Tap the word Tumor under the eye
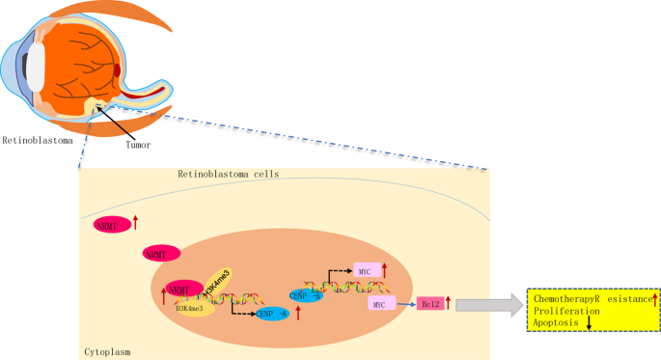coord(139,147)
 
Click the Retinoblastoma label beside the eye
coord(37,139)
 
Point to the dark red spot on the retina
coord(117,69)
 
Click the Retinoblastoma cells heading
coord(228,175)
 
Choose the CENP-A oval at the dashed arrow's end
coord(274,313)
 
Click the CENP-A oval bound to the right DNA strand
coord(306,293)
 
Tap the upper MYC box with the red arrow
coord(366,270)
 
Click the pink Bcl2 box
coord(429,304)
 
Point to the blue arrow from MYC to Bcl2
coord(406,304)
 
